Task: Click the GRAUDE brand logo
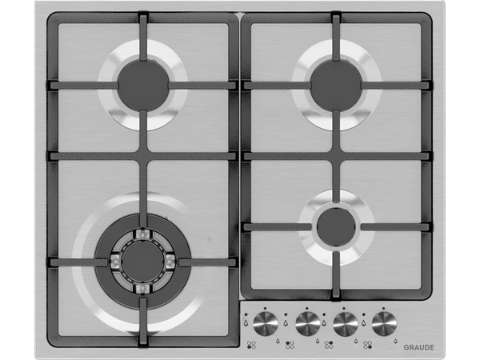(418, 347)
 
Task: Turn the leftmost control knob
(266, 324)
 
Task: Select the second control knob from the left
(308, 324)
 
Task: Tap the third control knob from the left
(346, 324)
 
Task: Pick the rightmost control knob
(384, 324)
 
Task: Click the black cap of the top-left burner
(143, 85)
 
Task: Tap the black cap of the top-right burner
(337, 85)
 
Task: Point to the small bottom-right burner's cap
(337, 227)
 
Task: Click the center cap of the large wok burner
(143, 262)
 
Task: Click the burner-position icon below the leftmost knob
(251, 345)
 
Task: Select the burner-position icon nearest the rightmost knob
(367, 345)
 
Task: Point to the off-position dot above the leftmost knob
(265, 308)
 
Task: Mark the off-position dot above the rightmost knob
(383, 308)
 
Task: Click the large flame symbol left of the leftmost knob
(246, 322)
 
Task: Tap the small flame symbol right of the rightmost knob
(395, 341)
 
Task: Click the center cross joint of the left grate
(143, 156)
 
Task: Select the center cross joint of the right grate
(337, 156)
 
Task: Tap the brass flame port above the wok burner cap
(143, 234)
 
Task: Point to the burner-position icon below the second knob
(290, 345)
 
